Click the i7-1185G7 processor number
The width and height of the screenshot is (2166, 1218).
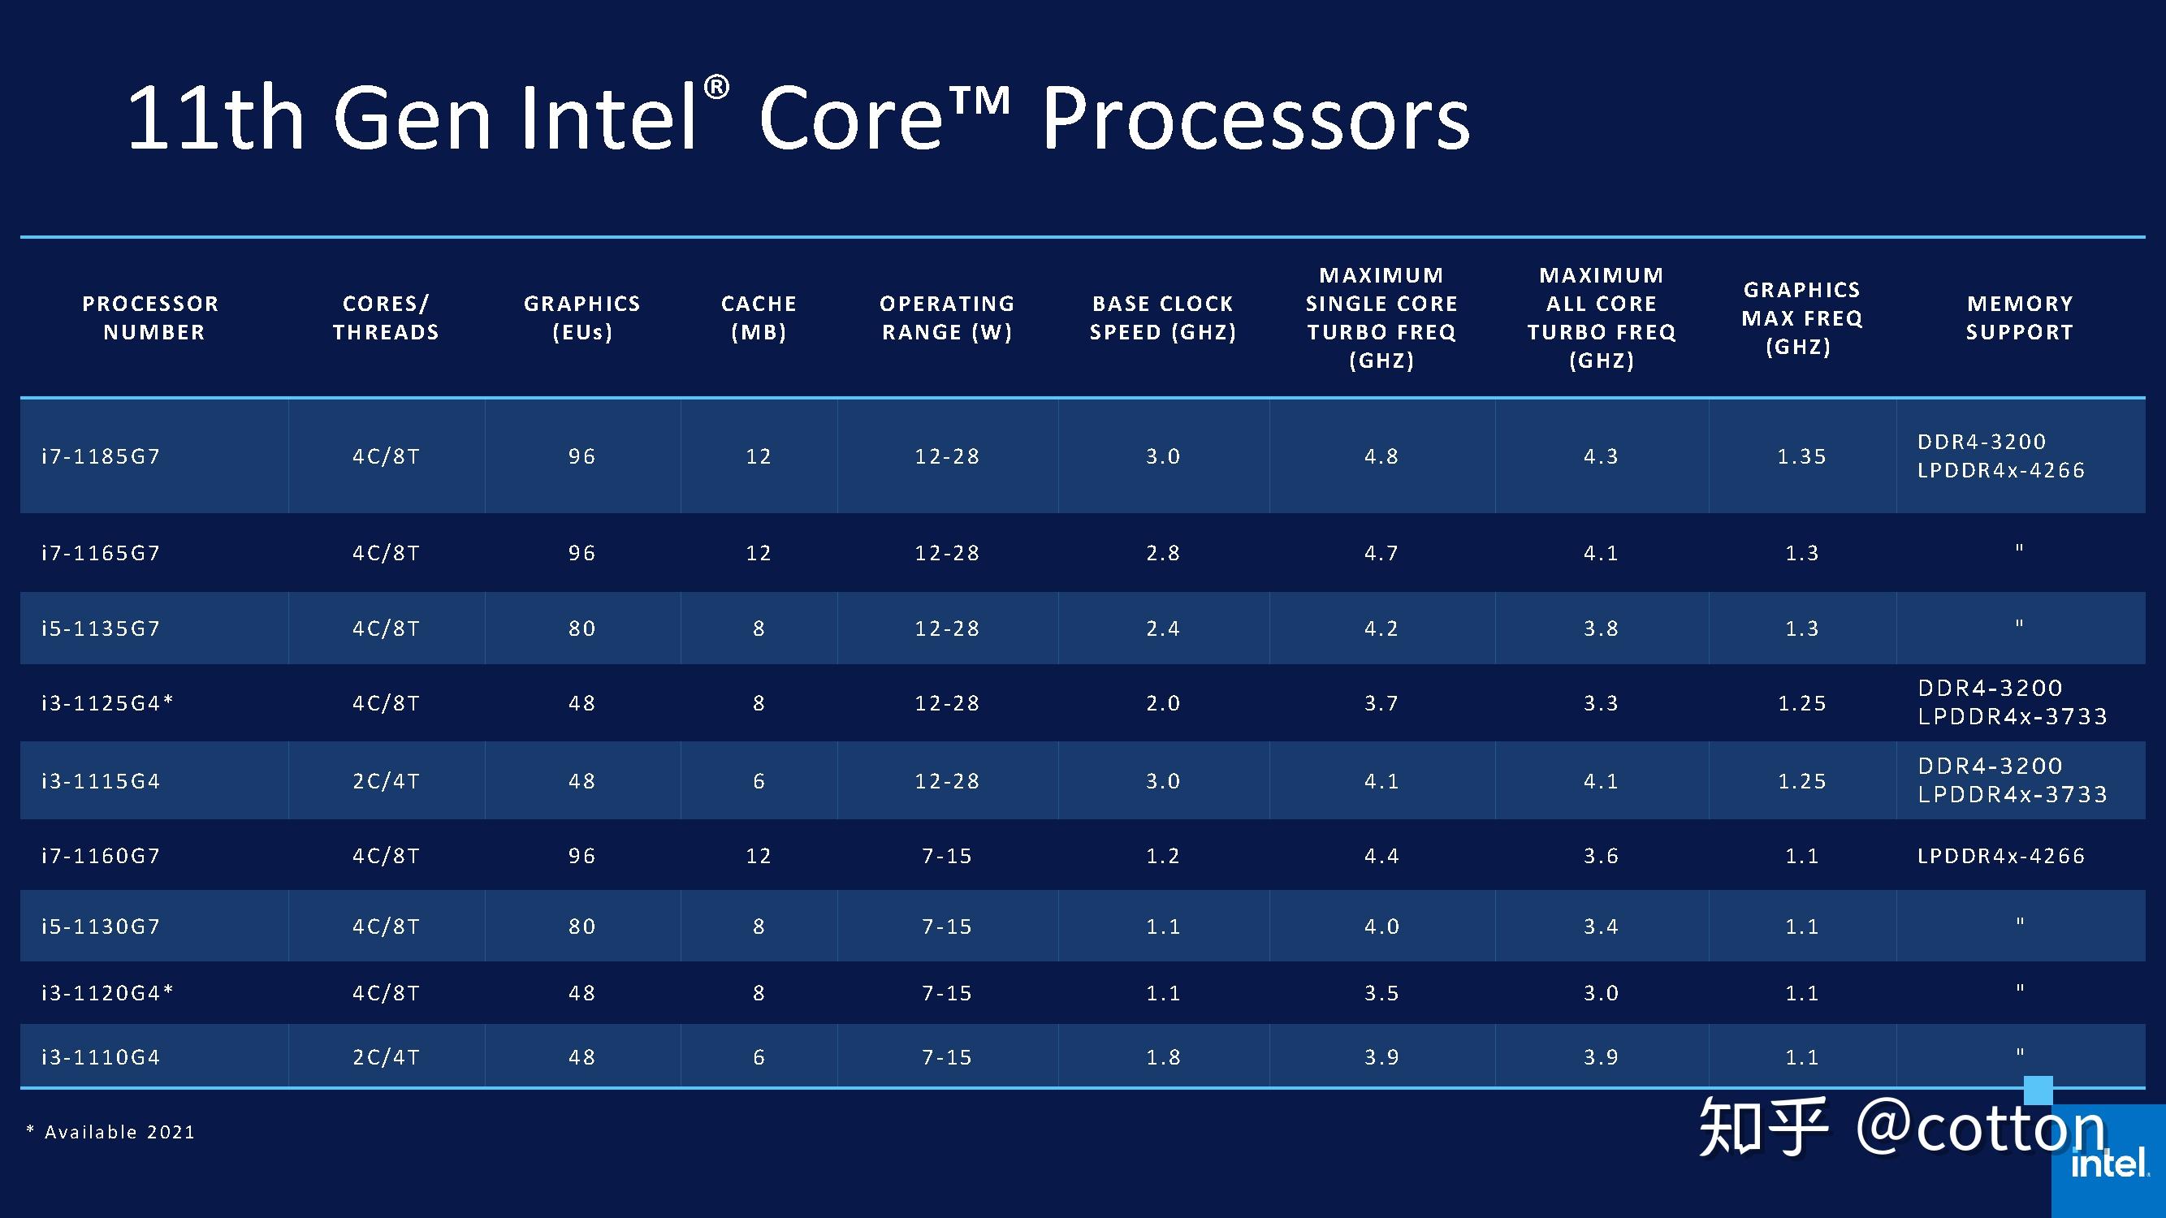click(x=101, y=456)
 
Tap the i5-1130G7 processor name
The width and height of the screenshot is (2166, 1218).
click(x=101, y=926)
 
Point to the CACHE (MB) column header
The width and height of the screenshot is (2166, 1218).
click(x=759, y=317)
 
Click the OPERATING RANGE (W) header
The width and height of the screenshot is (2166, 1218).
click(x=947, y=317)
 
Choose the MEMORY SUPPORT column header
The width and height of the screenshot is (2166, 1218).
click(x=2020, y=317)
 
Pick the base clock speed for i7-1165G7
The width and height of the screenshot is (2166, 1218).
click(x=1163, y=553)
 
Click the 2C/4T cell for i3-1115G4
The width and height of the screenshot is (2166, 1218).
click(x=386, y=781)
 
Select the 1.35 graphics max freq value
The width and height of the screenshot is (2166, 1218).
click(x=1802, y=456)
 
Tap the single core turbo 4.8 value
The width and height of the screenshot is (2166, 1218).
click(x=1381, y=456)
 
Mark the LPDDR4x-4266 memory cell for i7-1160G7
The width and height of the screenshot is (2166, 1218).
click(x=2001, y=856)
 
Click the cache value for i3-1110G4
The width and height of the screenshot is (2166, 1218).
click(x=759, y=1056)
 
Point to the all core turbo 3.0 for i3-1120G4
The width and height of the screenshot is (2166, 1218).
click(x=1601, y=993)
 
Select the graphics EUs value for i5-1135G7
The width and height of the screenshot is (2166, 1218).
click(x=581, y=628)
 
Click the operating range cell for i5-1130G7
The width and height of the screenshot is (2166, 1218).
click(x=947, y=926)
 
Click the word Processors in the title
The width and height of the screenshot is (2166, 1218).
click(x=1256, y=118)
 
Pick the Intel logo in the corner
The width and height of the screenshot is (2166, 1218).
click(x=2111, y=1164)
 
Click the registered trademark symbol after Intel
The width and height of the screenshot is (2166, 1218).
click(x=716, y=87)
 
